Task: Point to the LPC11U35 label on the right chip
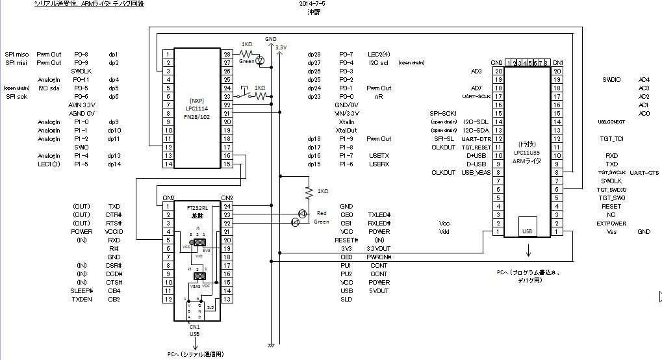[x=528, y=153]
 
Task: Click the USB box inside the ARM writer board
[x=528, y=230]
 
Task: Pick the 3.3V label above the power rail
[x=281, y=47]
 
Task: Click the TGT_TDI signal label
[x=611, y=138]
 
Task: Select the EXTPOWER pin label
[x=611, y=223]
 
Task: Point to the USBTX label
[x=379, y=155]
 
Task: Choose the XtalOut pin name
[x=346, y=130]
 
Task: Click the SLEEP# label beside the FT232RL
[x=82, y=290]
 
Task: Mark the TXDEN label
[x=82, y=299]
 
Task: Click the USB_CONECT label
[x=611, y=122]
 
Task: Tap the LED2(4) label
[x=379, y=54]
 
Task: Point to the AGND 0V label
[x=82, y=113]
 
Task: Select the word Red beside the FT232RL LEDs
[x=321, y=213]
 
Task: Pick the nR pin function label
[x=379, y=96]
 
